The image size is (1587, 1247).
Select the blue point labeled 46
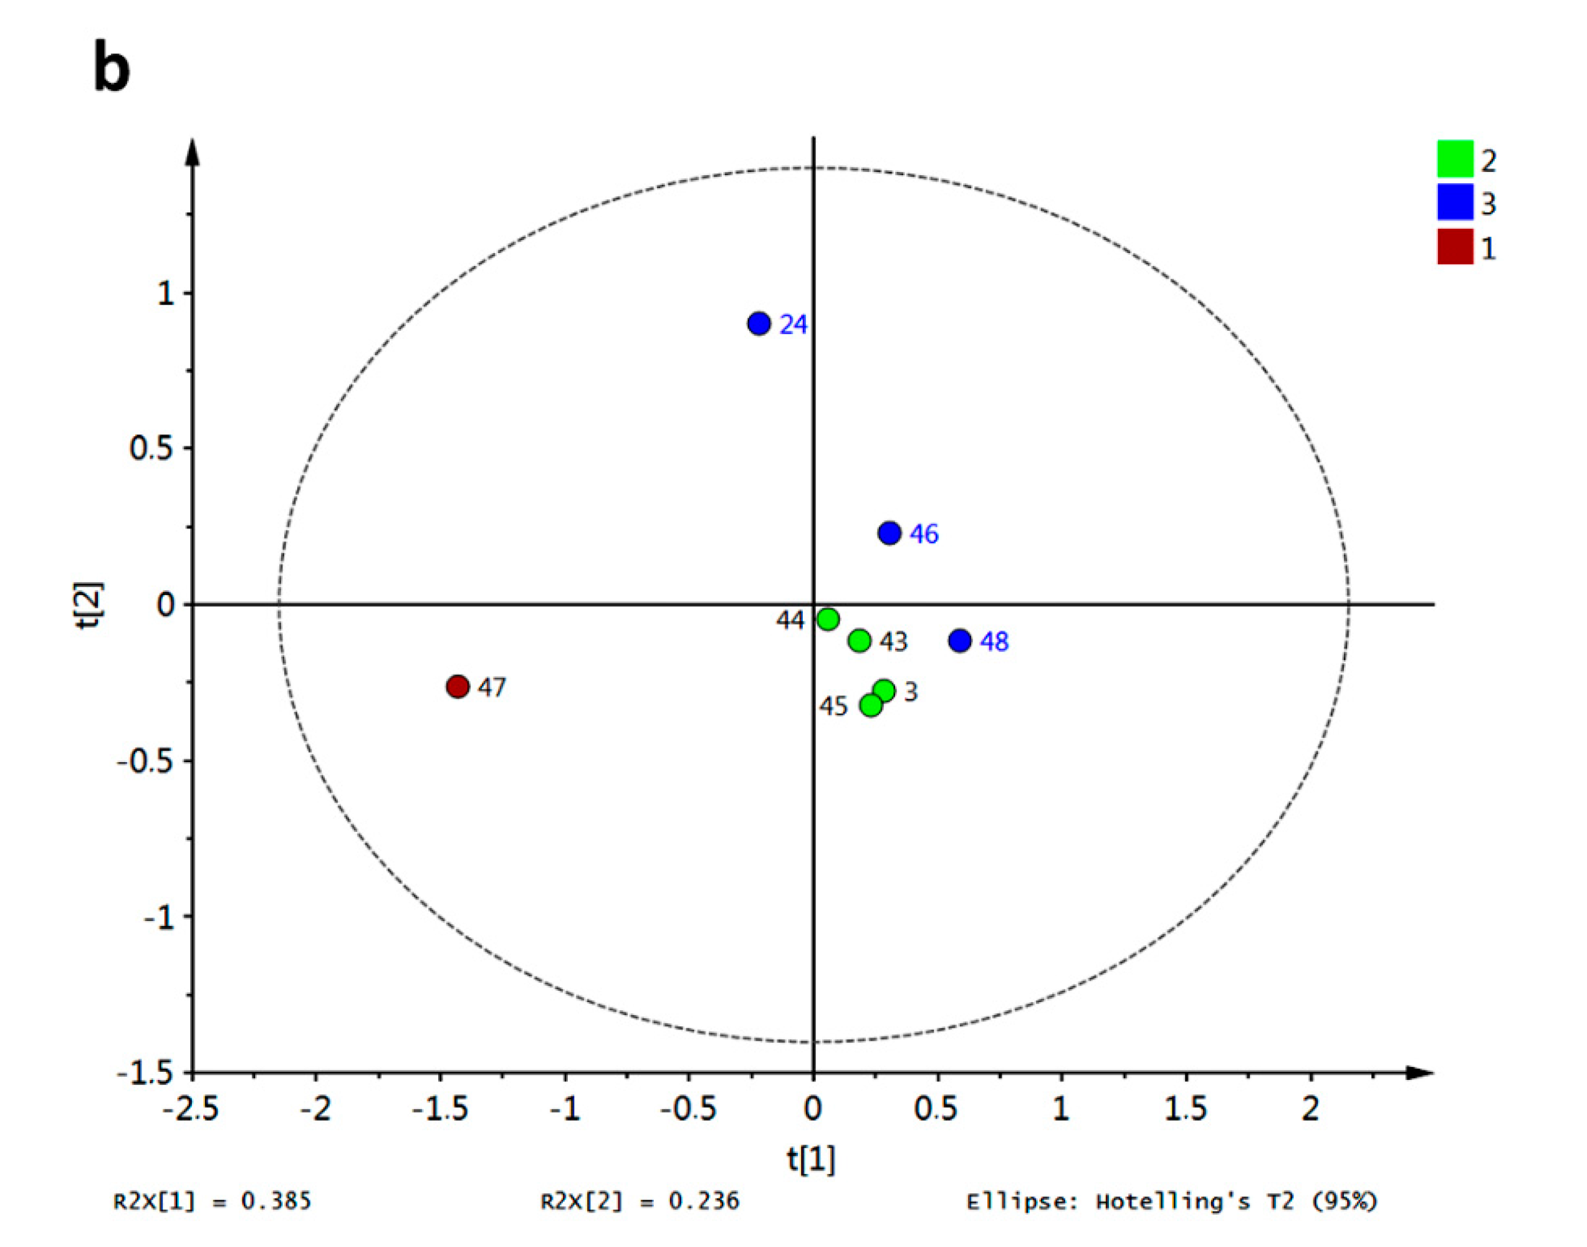click(x=889, y=533)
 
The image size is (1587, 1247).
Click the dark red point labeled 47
click(x=457, y=686)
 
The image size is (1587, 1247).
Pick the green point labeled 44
click(x=827, y=619)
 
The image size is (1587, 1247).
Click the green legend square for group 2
click(x=1455, y=158)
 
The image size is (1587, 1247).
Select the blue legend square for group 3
click(x=1455, y=203)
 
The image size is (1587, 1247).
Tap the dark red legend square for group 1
click(x=1455, y=246)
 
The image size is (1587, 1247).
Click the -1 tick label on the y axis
click(x=158, y=917)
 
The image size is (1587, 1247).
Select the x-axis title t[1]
click(x=811, y=1159)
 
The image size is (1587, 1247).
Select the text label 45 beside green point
click(x=833, y=707)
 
